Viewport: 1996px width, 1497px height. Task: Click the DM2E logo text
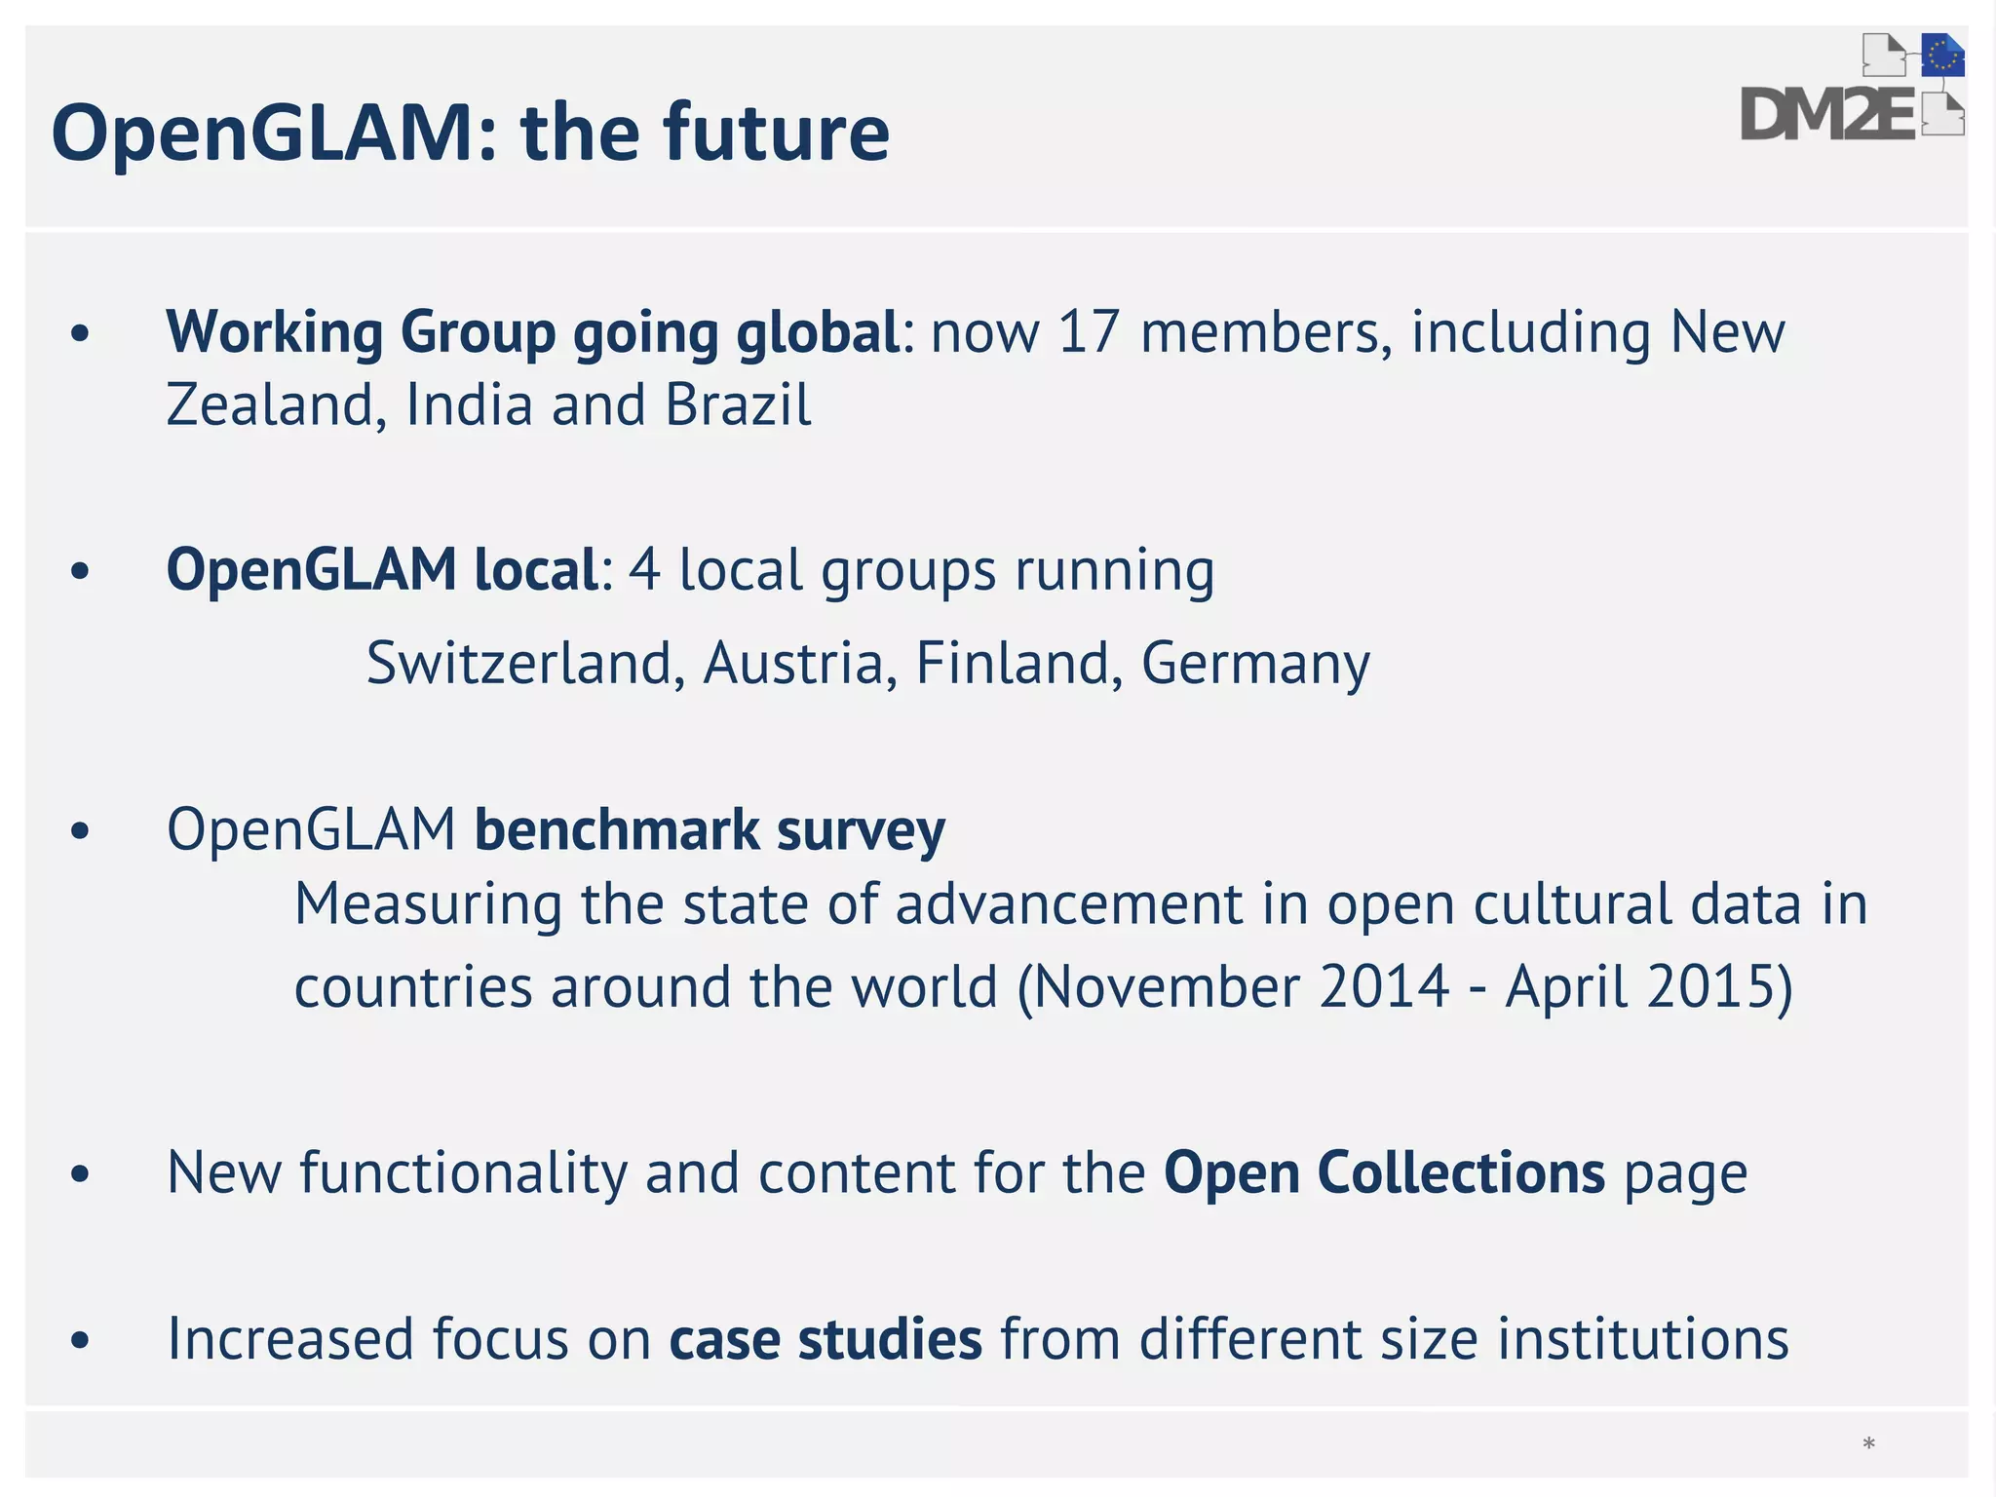pos(1828,115)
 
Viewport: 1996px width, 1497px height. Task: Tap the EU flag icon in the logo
pos(1942,56)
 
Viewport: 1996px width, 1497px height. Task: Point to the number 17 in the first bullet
pos(1089,332)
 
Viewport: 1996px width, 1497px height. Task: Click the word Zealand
pos(269,404)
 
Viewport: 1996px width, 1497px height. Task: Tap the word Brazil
pos(738,404)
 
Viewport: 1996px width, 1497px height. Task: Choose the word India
pos(469,404)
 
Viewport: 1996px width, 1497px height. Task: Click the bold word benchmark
pos(617,830)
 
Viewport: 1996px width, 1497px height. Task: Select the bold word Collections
pos(1461,1172)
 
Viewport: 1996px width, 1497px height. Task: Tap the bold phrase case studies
pos(825,1339)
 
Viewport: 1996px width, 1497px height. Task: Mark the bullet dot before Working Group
pos(80,334)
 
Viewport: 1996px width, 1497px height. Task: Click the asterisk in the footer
pos(1868,1444)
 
